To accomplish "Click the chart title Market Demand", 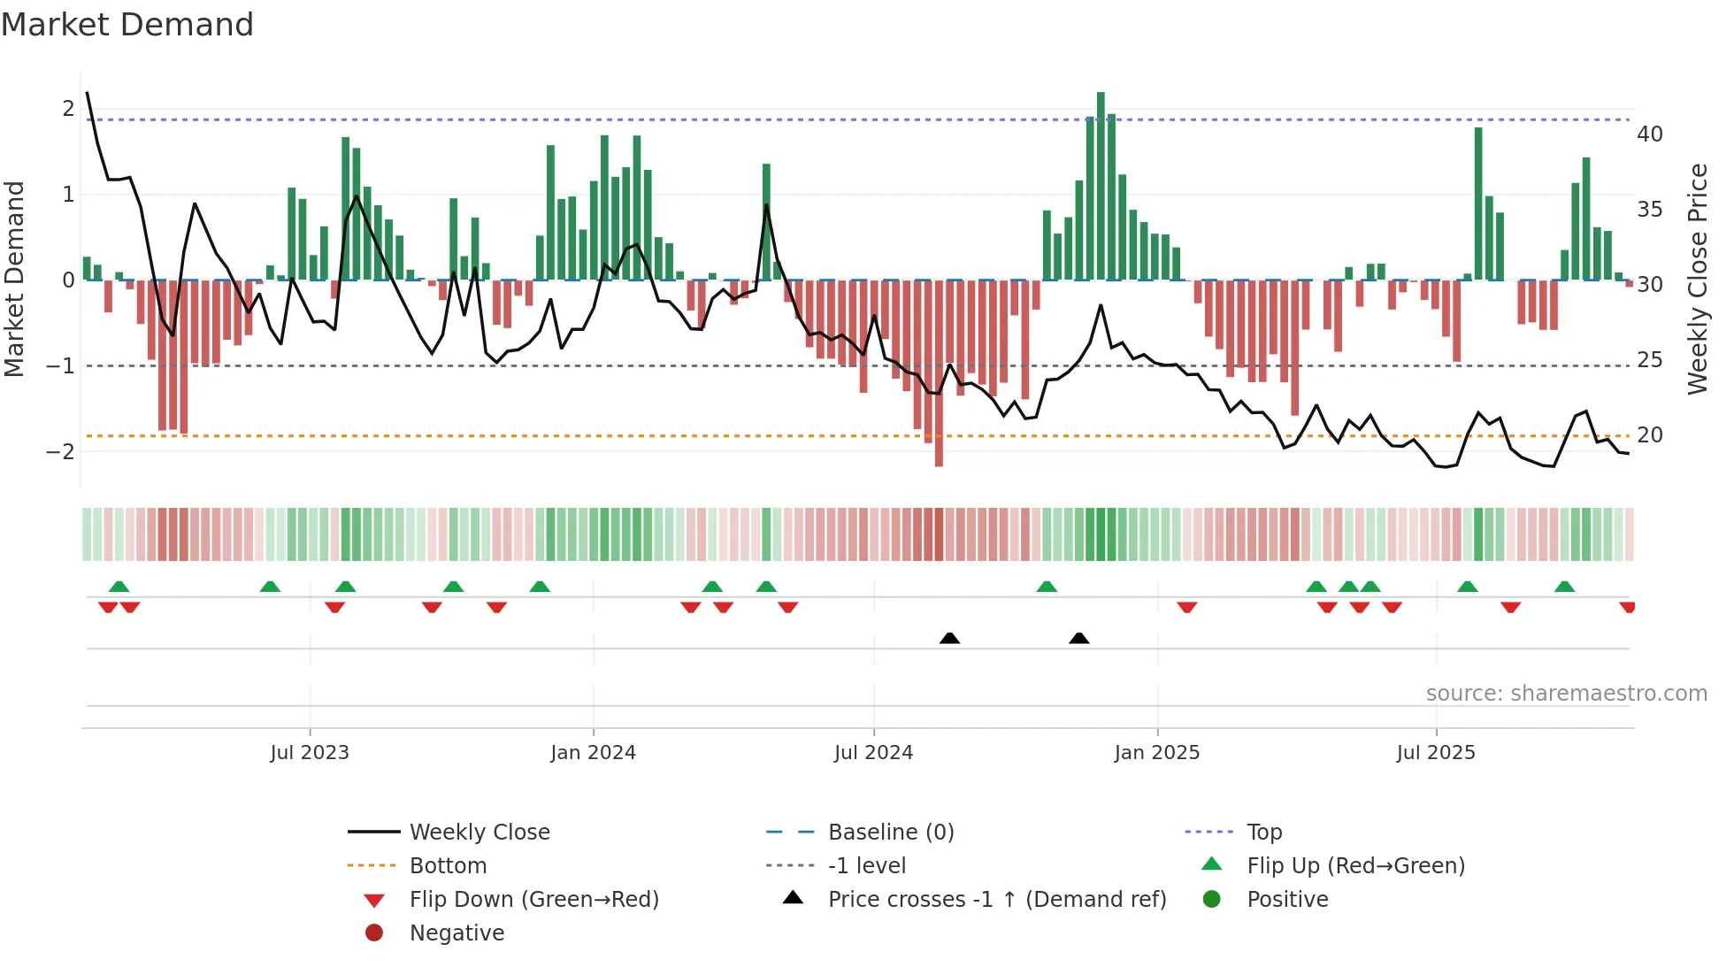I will tap(127, 25).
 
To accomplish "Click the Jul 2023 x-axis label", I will tap(310, 753).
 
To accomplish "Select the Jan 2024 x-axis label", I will tap(593, 753).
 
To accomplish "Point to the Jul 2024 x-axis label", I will tap(873, 753).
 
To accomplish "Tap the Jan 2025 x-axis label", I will tap(1156, 753).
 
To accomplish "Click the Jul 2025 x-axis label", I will tap(1436, 753).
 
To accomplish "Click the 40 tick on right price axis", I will tap(1649, 134).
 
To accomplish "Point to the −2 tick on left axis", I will tap(60, 451).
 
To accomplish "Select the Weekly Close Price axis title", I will tap(1697, 279).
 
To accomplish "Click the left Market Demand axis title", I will tap(14, 279).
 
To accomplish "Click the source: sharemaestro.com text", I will tap(1566, 694).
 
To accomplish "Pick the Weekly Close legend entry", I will tap(479, 833).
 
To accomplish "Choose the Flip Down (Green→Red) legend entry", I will tap(533, 900).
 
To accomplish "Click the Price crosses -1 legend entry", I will tap(996, 900).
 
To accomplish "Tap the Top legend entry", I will tap(1263, 833).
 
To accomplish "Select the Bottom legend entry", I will tap(448, 866).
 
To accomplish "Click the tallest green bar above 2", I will tap(1101, 186).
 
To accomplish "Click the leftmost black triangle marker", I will tap(949, 638).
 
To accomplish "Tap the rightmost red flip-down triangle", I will tap(1627, 607).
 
